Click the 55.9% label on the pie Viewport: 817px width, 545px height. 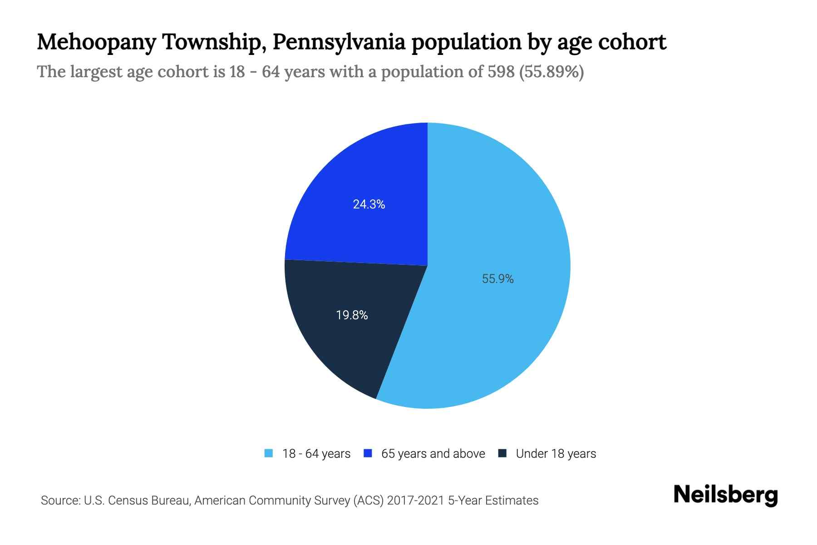click(x=497, y=279)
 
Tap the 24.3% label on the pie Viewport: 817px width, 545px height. click(x=369, y=204)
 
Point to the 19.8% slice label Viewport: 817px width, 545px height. click(x=352, y=315)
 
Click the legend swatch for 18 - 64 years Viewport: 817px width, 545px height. click(x=269, y=453)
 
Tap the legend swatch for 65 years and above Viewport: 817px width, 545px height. click(x=368, y=453)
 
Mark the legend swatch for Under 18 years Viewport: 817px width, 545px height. click(x=502, y=453)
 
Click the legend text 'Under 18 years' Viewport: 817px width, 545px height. click(x=556, y=454)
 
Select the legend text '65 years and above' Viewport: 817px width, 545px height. click(x=433, y=454)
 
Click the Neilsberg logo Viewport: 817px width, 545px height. click(x=725, y=495)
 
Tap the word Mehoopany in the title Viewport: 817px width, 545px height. click(x=96, y=42)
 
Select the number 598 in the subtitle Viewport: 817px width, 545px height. click(x=501, y=72)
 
